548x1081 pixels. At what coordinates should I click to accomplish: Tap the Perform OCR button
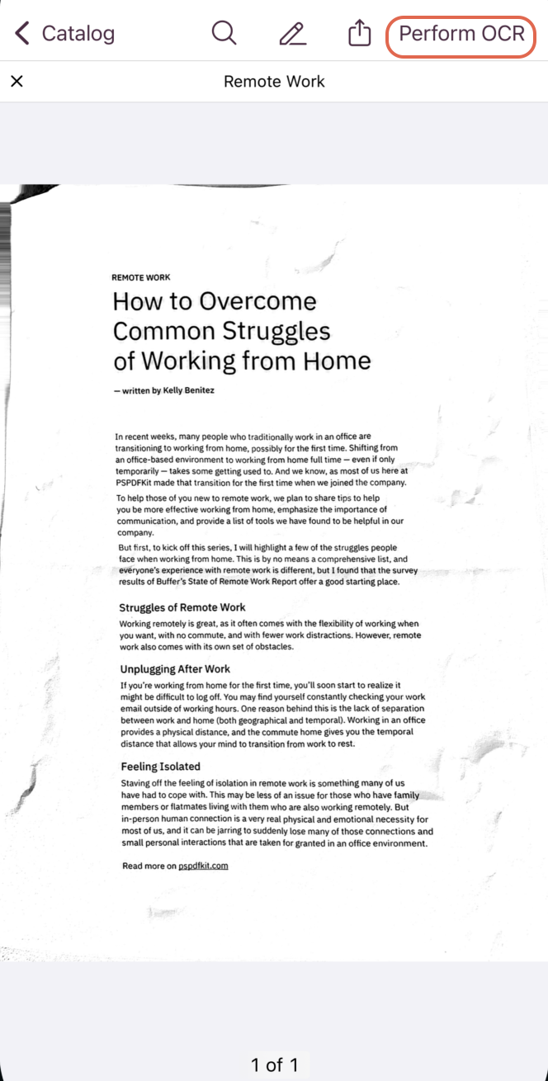point(461,34)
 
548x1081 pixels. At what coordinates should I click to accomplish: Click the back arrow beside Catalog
point(22,34)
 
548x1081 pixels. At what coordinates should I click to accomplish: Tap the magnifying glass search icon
point(224,34)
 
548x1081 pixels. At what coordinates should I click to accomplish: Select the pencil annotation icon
point(292,34)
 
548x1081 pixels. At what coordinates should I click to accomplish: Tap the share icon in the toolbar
point(359,34)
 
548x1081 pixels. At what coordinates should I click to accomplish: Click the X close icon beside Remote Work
point(17,81)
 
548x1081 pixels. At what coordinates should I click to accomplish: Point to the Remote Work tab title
point(274,82)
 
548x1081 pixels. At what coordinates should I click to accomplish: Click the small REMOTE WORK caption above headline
point(141,278)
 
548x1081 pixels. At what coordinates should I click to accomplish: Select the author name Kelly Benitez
point(189,390)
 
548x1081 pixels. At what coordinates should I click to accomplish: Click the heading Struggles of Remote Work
point(182,607)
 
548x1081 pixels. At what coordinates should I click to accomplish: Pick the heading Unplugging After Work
point(175,669)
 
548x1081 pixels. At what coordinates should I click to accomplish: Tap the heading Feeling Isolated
point(160,767)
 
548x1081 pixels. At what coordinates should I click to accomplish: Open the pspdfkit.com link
point(203,866)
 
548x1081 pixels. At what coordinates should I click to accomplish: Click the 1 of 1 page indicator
point(274,1064)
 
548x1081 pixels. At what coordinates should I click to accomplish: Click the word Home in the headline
point(337,361)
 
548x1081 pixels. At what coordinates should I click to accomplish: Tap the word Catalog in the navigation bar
point(78,34)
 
